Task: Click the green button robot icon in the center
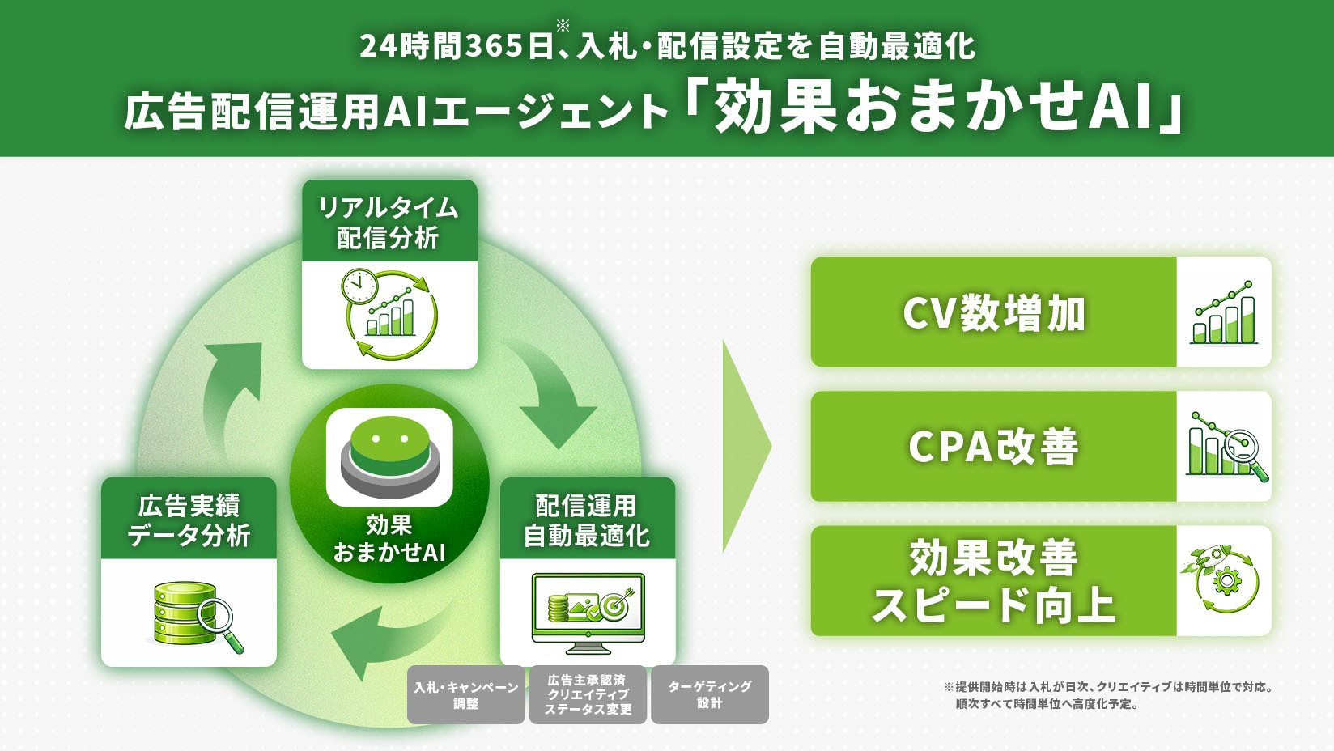coord(389,457)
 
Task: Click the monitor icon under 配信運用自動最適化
coord(588,612)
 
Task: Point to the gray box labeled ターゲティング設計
coord(709,694)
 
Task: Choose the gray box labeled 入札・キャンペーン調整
coord(465,694)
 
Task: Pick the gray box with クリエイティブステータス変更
coord(588,694)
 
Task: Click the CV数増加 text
coord(993,313)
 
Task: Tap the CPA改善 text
coord(993,447)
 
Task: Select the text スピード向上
coord(993,605)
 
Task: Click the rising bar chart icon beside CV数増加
coord(1224,313)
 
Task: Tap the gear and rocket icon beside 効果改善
coord(1224,579)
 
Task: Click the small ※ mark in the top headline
coord(563,25)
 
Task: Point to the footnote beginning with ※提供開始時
coord(1109,695)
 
